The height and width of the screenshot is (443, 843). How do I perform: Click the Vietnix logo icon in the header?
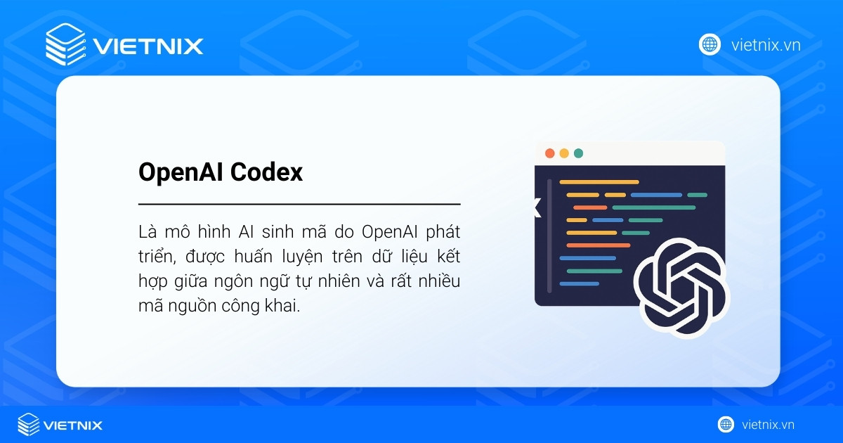pyautogui.click(x=65, y=44)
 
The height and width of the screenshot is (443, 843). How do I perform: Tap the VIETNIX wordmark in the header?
pyautogui.click(x=148, y=46)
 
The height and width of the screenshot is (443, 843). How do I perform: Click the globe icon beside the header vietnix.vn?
pyautogui.click(x=710, y=45)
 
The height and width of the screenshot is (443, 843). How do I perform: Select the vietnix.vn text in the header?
pyautogui.click(x=766, y=46)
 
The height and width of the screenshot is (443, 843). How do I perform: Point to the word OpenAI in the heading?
pyautogui.click(x=180, y=172)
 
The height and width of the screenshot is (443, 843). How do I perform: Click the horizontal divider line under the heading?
pyautogui.click(x=299, y=204)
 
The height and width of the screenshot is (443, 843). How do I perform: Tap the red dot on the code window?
pyautogui.click(x=549, y=153)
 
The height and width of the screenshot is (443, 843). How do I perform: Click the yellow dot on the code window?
pyautogui.click(x=564, y=153)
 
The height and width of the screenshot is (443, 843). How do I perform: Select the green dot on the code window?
pyautogui.click(x=578, y=153)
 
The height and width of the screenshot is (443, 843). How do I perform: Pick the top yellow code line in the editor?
pyautogui.click(x=599, y=182)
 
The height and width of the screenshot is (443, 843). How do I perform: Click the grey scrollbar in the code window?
pyautogui.click(x=549, y=236)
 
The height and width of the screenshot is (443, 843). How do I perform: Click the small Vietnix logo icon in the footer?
pyautogui.click(x=28, y=425)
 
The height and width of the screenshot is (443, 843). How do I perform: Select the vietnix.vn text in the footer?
pyautogui.click(x=768, y=425)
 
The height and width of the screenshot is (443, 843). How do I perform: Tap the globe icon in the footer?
pyautogui.click(x=726, y=425)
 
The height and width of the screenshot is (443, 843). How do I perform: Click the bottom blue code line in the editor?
pyautogui.click(x=580, y=283)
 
